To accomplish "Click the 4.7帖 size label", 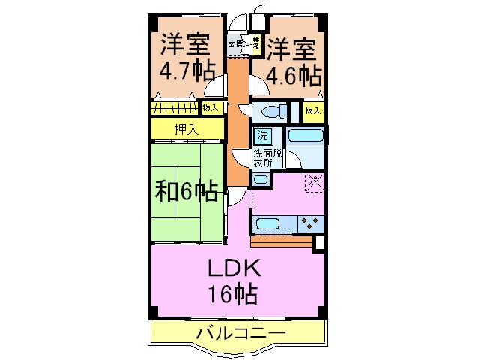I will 187,72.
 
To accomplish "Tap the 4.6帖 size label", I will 293,73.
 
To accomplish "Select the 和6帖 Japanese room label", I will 187,191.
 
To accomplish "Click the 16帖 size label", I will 234,292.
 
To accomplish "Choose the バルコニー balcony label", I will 240,332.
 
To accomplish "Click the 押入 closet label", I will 187,130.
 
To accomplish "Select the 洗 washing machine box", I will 262,136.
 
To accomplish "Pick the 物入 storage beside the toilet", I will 313,112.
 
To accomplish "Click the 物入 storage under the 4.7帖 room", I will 211,108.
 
